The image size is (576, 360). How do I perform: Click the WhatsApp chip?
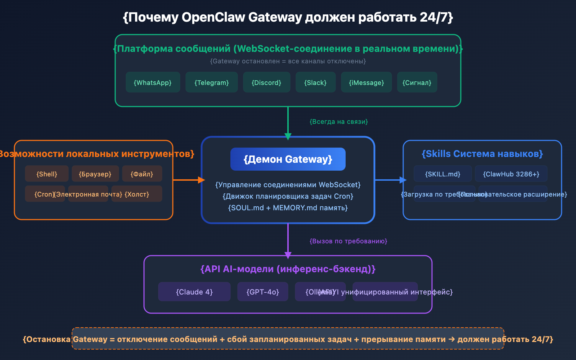click(153, 82)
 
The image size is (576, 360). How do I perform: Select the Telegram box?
click(212, 82)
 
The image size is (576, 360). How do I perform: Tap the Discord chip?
click(266, 82)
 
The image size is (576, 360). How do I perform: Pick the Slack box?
click(315, 82)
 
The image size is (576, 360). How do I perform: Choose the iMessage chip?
click(366, 82)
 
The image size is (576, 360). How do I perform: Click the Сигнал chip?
click(417, 82)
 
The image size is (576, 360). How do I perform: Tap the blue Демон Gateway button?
click(288, 159)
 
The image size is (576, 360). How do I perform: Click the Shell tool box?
click(47, 174)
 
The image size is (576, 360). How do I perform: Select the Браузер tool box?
click(95, 174)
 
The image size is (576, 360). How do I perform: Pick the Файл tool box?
click(142, 174)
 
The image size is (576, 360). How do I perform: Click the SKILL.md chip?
click(442, 174)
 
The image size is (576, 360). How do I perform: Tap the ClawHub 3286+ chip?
click(511, 174)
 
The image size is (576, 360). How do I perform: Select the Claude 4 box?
click(194, 292)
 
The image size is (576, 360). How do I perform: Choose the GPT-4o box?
click(262, 292)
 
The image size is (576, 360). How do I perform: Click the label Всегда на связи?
click(338, 122)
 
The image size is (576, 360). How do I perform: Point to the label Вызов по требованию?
click(348, 241)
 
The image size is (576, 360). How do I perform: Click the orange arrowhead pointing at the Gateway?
click(201, 180)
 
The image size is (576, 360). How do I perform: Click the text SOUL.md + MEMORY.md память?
click(288, 208)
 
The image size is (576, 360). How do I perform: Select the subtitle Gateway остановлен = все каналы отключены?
click(288, 61)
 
